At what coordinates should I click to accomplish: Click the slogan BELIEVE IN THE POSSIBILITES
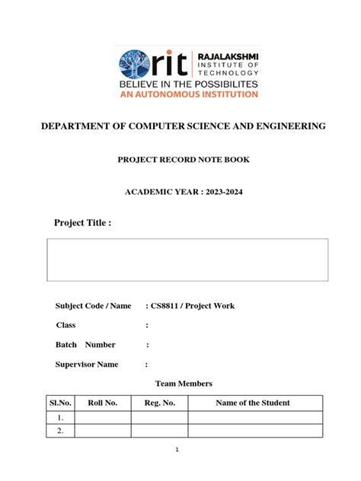pyautogui.click(x=187, y=83)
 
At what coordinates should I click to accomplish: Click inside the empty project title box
pyautogui.click(x=188, y=260)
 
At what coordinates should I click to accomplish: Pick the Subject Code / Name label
pyautogui.click(x=93, y=306)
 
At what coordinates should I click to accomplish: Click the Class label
pyautogui.click(x=65, y=325)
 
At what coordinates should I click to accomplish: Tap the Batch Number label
pyautogui.click(x=85, y=345)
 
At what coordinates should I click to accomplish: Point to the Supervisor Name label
pyautogui.click(x=87, y=365)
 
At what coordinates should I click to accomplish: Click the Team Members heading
pyautogui.click(x=184, y=384)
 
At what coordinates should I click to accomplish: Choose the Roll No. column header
pyautogui.click(x=102, y=403)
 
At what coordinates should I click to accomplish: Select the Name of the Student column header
pyautogui.click(x=253, y=403)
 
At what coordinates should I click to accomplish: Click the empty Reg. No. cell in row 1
pyautogui.click(x=159, y=418)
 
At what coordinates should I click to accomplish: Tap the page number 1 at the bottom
pyautogui.click(x=177, y=450)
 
